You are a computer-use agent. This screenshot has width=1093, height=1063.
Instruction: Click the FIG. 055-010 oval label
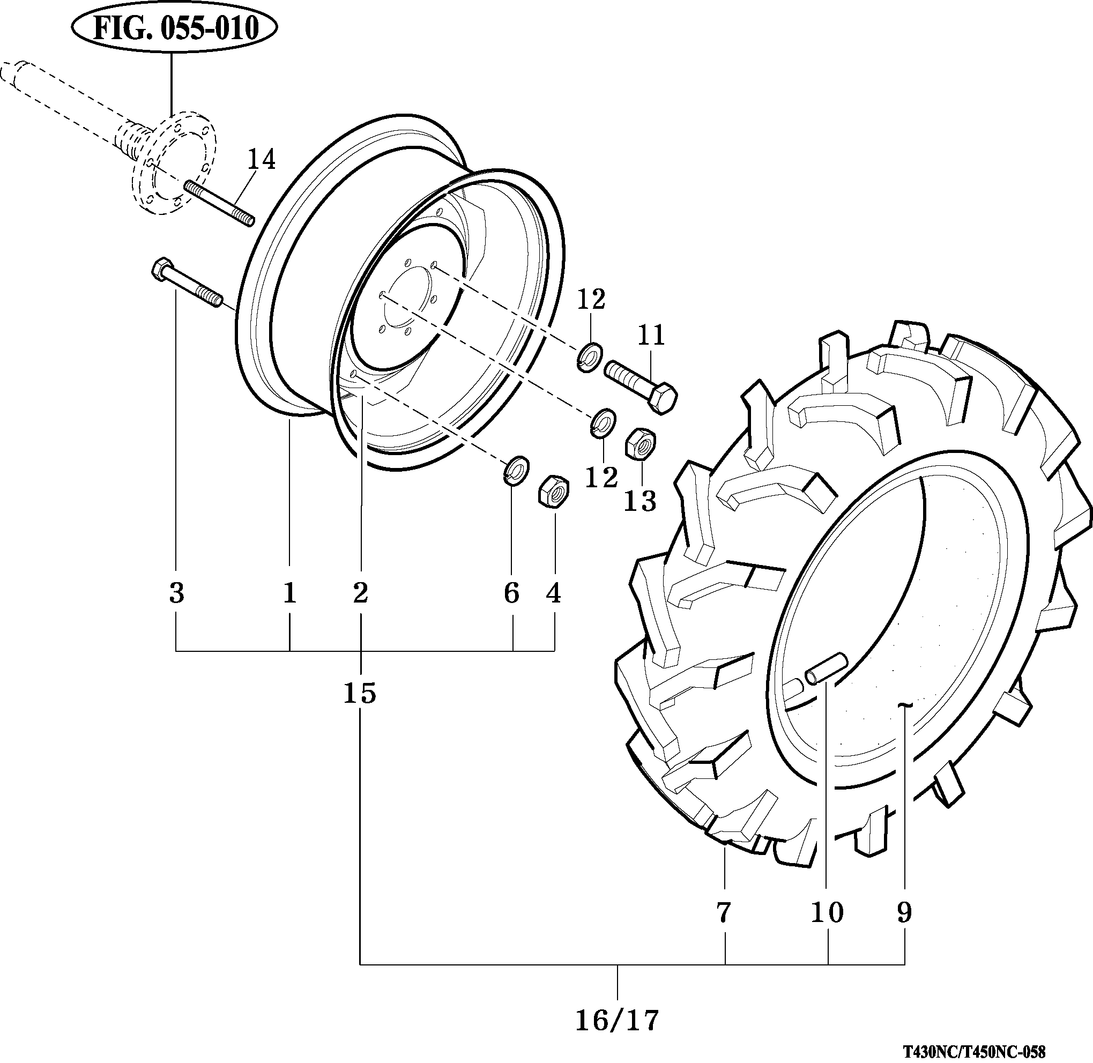pos(175,28)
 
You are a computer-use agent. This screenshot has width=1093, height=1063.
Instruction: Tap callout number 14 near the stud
pos(261,160)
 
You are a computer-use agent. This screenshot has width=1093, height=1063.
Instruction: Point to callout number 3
pos(176,592)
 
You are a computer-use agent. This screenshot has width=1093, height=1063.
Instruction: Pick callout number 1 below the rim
pos(289,592)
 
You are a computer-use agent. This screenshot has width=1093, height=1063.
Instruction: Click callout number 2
pos(361,592)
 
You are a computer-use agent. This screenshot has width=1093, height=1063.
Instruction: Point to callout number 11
pos(651,336)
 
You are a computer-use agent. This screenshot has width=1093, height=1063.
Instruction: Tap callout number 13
pos(640,501)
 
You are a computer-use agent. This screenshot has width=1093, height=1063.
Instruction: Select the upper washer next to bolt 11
pos(589,357)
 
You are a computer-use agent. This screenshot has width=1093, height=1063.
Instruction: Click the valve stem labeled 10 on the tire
pos(825,668)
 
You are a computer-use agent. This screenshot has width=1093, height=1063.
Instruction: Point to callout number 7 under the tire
pos(723,913)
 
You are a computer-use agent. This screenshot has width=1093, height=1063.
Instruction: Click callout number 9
pos(904,913)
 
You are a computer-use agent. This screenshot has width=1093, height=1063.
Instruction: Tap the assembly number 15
pos(360,694)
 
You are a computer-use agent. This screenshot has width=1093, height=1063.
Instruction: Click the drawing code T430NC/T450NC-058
pos(974,1052)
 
